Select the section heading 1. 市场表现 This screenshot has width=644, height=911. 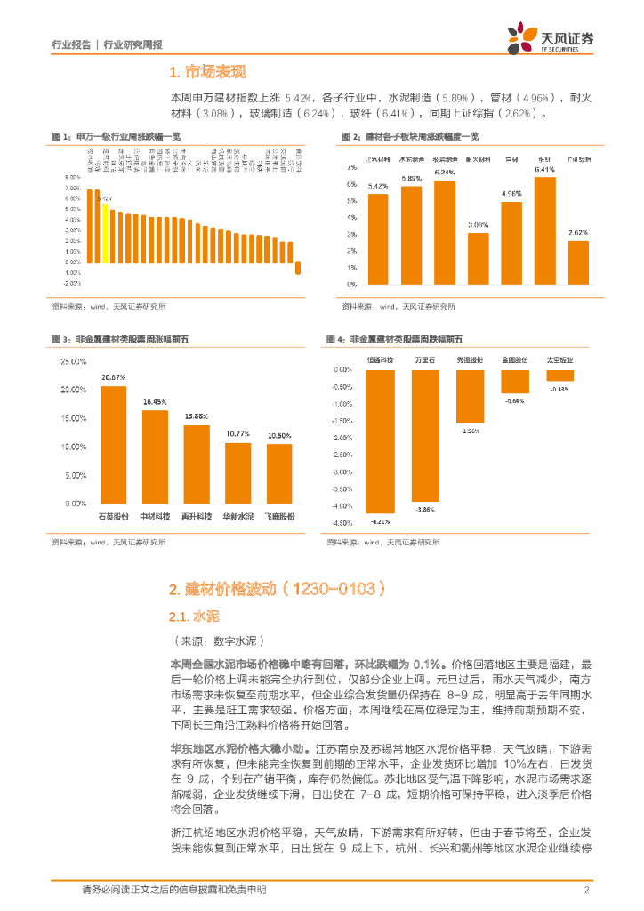(x=207, y=72)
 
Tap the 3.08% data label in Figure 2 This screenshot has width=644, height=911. (x=479, y=225)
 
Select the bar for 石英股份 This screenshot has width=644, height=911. (x=113, y=444)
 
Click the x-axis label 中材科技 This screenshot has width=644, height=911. (x=155, y=516)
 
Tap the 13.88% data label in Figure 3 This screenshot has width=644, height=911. (x=197, y=416)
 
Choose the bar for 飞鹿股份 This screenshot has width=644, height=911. (x=279, y=473)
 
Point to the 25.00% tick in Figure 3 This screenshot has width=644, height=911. (x=73, y=361)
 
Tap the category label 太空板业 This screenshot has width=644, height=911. (x=559, y=360)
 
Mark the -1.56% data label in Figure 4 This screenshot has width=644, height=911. (x=470, y=431)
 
